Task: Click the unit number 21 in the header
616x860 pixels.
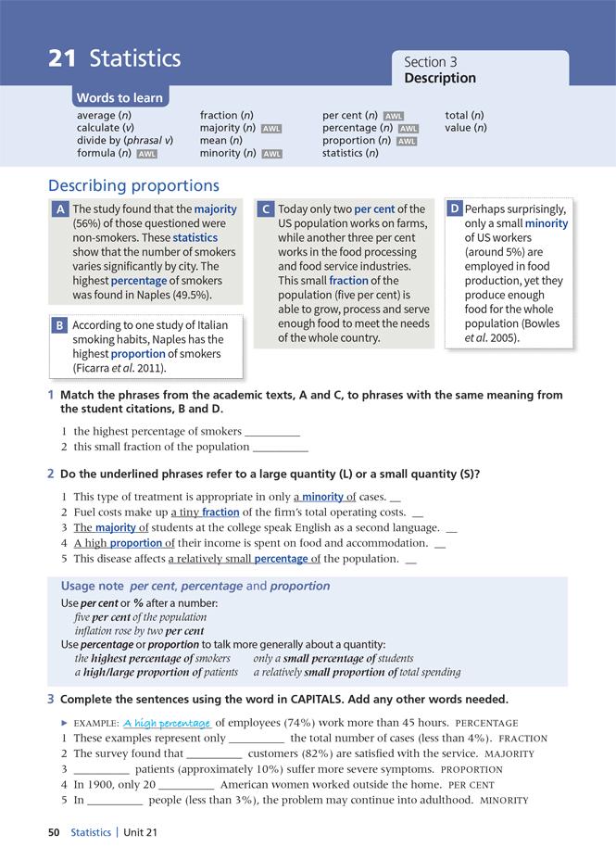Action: tap(62, 58)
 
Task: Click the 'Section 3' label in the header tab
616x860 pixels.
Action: tap(431, 62)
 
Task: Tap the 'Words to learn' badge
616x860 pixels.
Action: tap(119, 98)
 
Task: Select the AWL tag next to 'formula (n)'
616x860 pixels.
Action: tap(146, 154)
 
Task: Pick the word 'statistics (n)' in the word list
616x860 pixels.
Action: tap(350, 153)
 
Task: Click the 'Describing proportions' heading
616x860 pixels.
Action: tap(133, 186)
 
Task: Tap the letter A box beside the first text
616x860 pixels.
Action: tap(59, 209)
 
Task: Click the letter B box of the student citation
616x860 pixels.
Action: tap(59, 326)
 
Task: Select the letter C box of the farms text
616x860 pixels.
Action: tap(265, 209)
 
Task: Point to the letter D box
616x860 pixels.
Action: tap(455, 209)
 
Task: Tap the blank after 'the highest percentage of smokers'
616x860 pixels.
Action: tap(272, 432)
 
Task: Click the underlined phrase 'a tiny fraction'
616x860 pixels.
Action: tap(205, 512)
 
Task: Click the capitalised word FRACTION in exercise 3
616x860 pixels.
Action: tap(522, 739)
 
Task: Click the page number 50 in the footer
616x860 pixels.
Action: tap(54, 833)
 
